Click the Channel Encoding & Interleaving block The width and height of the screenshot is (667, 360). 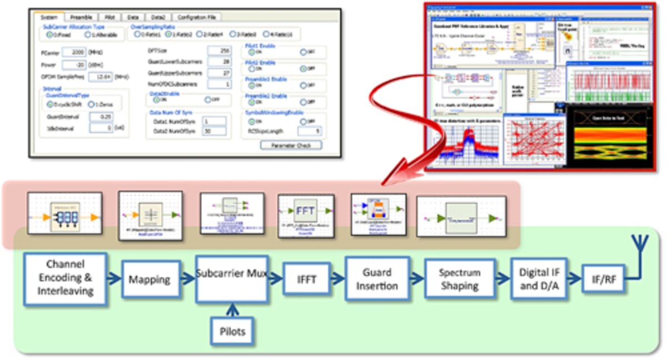(x=65, y=279)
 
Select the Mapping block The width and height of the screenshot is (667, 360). (x=149, y=279)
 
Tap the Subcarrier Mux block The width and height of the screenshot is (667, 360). (x=232, y=279)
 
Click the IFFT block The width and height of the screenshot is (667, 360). (x=306, y=279)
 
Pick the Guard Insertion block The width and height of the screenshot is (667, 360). (x=377, y=279)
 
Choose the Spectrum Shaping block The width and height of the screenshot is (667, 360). (x=459, y=279)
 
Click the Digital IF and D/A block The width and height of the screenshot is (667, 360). (x=538, y=279)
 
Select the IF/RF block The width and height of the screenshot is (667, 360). (x=603, y=279)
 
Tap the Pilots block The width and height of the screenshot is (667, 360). (x=232, y=332)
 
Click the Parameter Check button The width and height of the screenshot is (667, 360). (x=291, y=145)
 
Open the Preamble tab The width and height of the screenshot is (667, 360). (x=81, y=17)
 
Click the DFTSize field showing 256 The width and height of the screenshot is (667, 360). (x=218, y=51)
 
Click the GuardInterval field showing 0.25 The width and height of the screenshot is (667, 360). (x=100, y=117)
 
